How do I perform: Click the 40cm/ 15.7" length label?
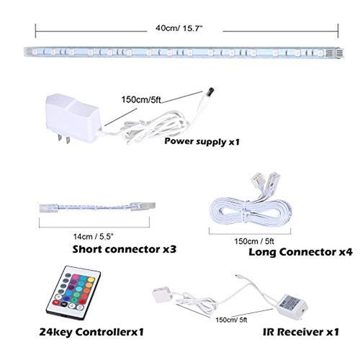[179, 28]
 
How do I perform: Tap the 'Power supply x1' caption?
[202, 141]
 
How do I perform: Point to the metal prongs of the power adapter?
[63, 139]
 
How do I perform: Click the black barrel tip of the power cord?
[210, 91]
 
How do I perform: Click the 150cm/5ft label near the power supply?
[141, 99]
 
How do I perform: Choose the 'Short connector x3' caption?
[125, 249]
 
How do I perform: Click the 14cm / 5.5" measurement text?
[93, 237]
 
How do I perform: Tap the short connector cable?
[97, 207]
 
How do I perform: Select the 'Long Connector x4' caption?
[300, 252]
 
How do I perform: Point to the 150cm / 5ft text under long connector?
[254, 241]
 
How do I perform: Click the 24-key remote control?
[73, 293]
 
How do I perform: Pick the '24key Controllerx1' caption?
[91, 332]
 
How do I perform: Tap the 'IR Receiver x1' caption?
[301, 332]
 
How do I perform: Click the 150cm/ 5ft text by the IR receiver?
[231, 320]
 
